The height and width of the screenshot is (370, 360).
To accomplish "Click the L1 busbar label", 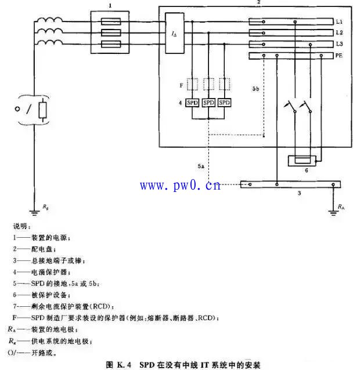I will pyautogui.click(x=339, y=21).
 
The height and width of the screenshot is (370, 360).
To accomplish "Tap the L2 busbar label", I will pyautogui.click(x=339, y=32).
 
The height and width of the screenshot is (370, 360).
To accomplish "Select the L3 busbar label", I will pyautogui.click(x=339, y=44).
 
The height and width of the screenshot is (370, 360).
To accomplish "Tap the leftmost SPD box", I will pyautogui.click(x=193, y=103).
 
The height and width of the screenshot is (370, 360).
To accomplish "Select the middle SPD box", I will pyautogui.click(x=209, y=103).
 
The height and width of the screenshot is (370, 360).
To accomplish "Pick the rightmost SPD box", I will pyautogui.click(x=224, y=103).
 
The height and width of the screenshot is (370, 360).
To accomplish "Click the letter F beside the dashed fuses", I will pyautogui.click(x=182, y=85).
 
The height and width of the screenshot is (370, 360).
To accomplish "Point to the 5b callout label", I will pyautogui.click(x=256, y=89).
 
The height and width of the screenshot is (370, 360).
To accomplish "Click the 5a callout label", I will pyautogui.click(x=201, y=166).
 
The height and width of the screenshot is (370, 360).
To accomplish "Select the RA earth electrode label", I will pyautogui.click(x=341, y=206).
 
